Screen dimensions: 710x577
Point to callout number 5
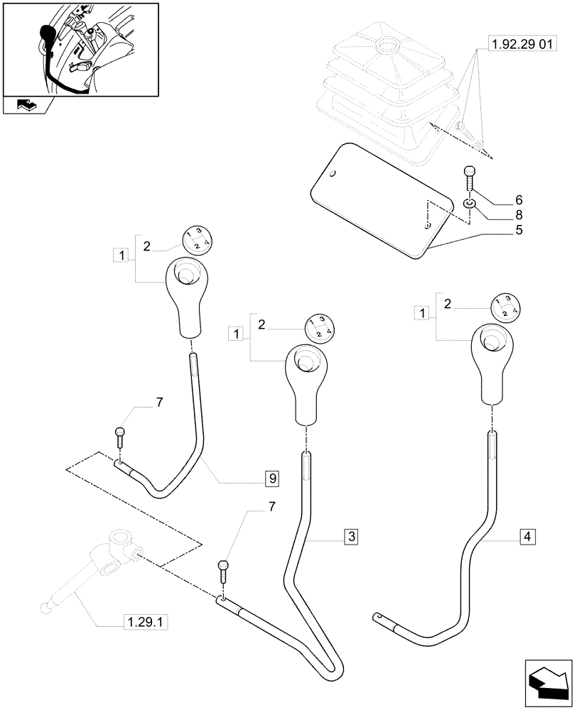click(x=519, y=231)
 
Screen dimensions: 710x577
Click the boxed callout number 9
click(x=271, y=479)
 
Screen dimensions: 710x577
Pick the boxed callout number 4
click(x=525, y=537)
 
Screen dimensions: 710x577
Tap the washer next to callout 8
click(x=469, y=204)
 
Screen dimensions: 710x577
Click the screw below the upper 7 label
click(x=119, y=435)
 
